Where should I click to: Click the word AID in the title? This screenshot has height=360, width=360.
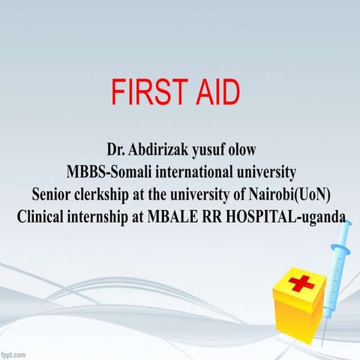(217, 91)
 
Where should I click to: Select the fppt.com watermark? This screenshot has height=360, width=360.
(16, 353)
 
